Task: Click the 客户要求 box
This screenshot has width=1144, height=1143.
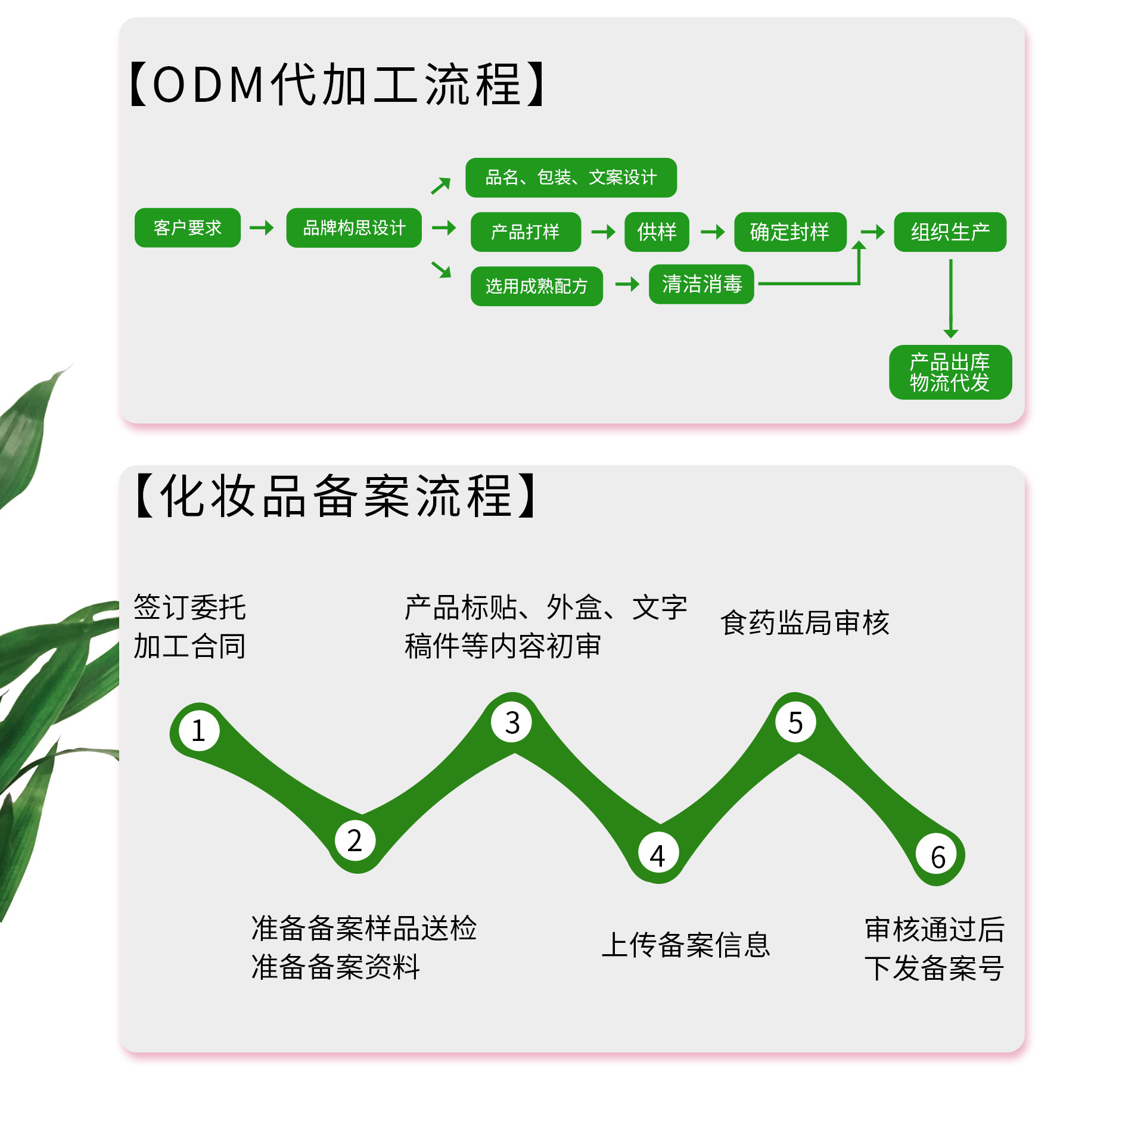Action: (x=187, y=228)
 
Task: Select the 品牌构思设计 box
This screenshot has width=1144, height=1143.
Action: (x=354, y=228)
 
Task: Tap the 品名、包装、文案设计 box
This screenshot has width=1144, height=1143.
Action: (x=571, y=177)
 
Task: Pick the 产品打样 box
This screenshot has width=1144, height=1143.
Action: (x=526, y=232)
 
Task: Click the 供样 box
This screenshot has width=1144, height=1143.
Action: (x=657, y=232)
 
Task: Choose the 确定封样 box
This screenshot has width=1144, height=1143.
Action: (x=790, y=232)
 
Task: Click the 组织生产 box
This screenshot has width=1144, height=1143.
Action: (x=950, y=232)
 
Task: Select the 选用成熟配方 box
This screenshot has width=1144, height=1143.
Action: (x=536, y=286)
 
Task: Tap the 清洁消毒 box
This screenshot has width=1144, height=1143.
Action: (x=701, y=284)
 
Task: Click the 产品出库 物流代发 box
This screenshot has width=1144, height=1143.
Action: (x=950, y=372)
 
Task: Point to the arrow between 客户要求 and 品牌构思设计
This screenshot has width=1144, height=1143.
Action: (x=262, y=228)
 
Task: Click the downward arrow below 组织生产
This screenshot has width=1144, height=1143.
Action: (x=951, y=298)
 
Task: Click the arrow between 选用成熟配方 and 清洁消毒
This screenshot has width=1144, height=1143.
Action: (x=627, y=284)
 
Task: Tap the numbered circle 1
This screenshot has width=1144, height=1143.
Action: (x=198, y=731)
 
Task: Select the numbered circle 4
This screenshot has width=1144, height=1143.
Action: (x=657, y=856)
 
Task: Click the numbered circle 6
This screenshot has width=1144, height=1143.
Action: (x=938, y=857)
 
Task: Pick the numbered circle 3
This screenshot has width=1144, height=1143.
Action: (x=512, y=722)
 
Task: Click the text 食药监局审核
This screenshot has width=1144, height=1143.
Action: (x=804, y=623)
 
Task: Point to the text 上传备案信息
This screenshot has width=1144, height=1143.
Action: (x=686, y=945)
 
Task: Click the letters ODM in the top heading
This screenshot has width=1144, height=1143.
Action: (x=209, y=85)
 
